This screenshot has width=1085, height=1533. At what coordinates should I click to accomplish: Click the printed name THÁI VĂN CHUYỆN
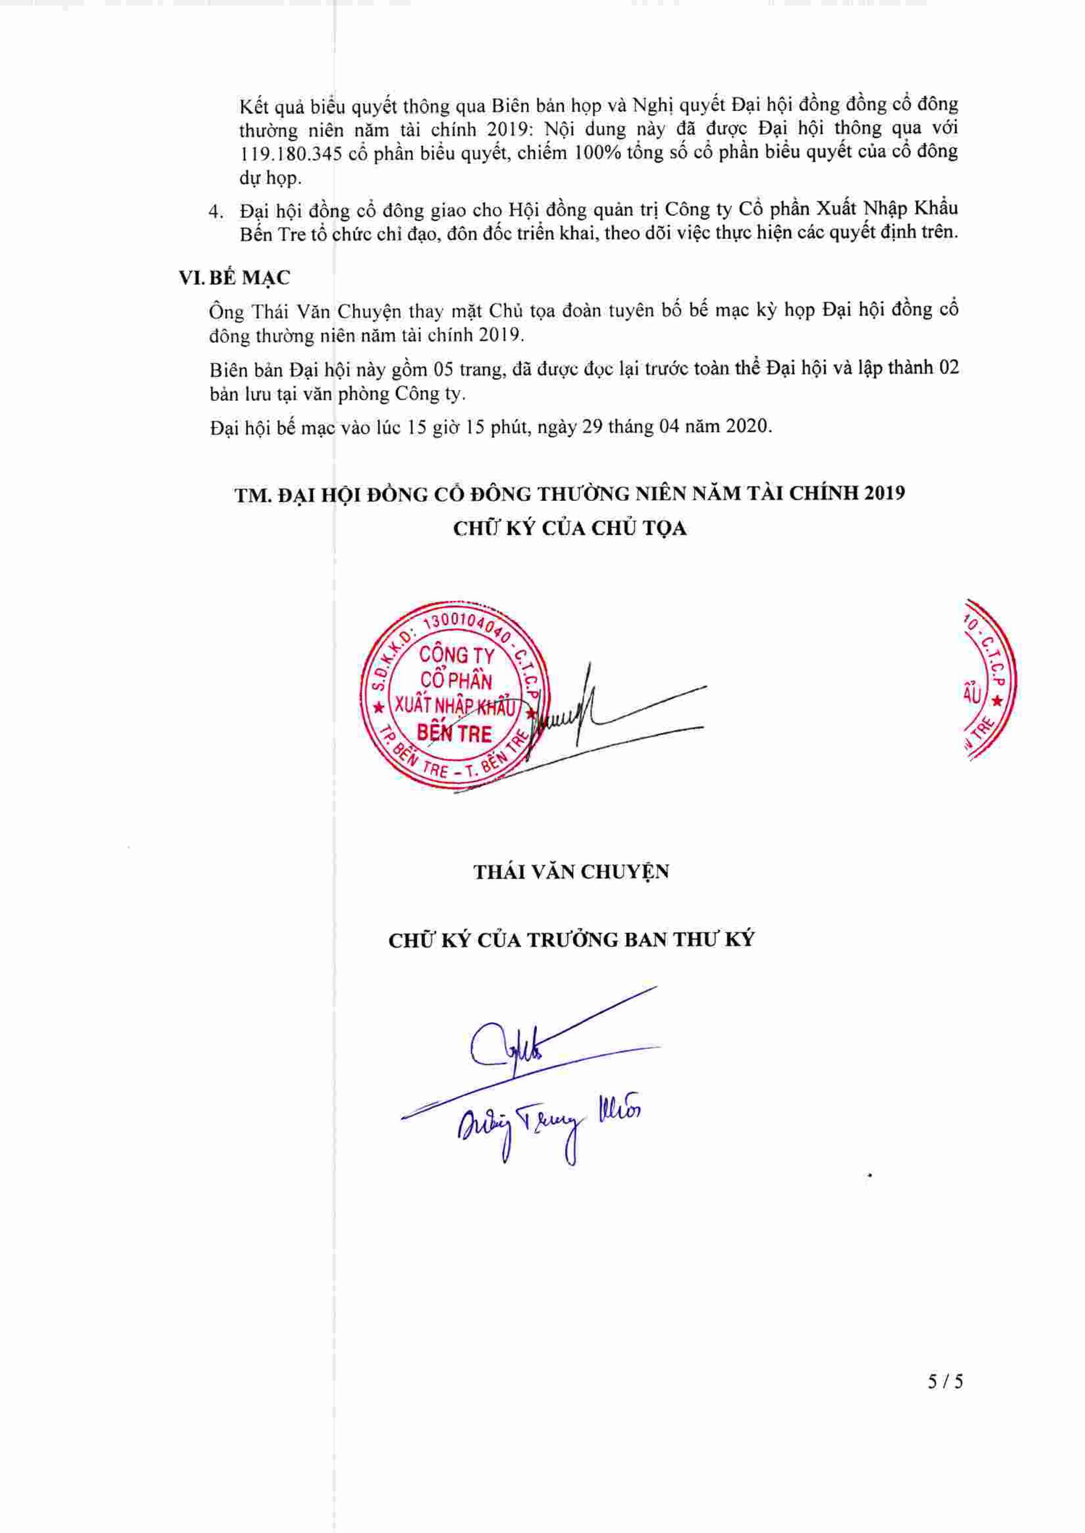(571, 872)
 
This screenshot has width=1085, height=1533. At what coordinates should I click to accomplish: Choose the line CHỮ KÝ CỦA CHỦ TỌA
(570, 529)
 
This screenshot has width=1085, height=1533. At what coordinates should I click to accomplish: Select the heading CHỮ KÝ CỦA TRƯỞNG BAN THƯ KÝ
(571, 940)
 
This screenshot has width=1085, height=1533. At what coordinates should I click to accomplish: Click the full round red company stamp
(454, 696)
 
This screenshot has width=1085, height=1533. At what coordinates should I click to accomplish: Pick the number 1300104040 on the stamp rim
(461, 626)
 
